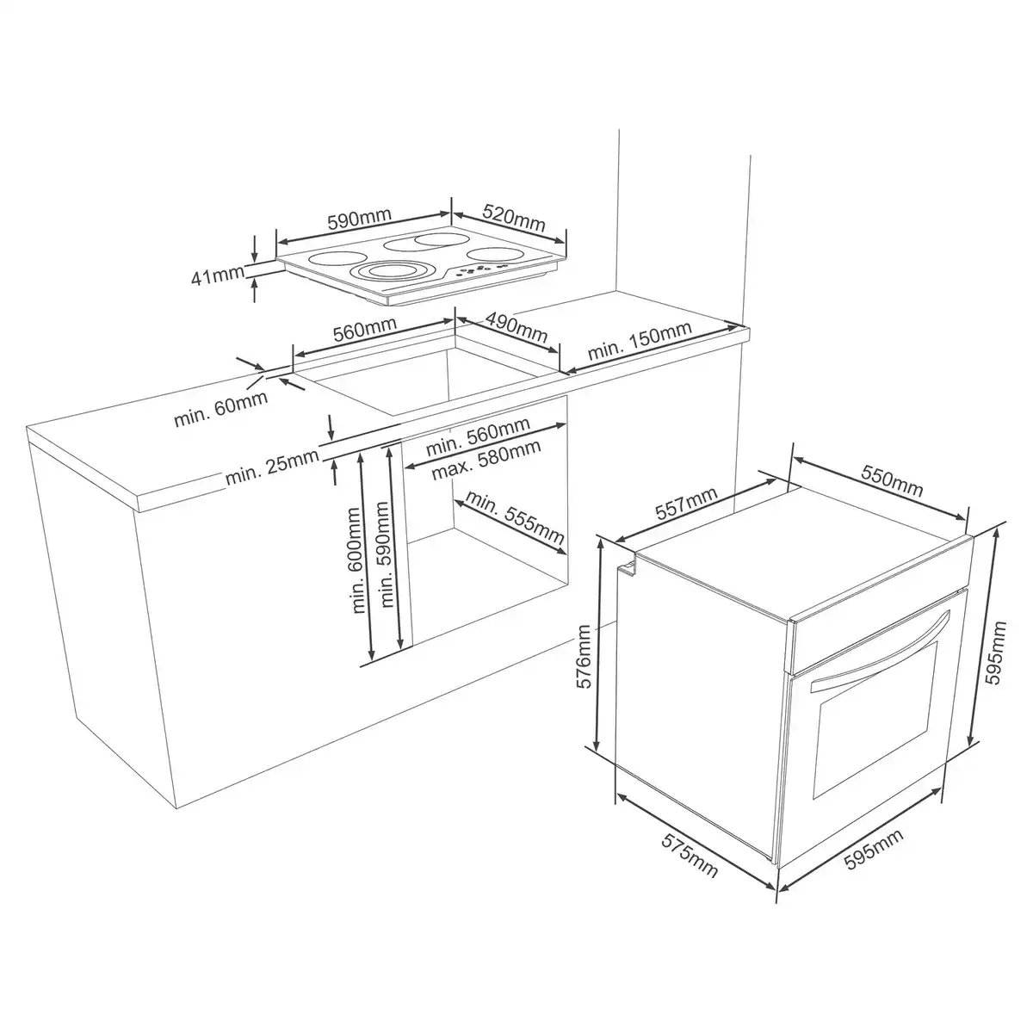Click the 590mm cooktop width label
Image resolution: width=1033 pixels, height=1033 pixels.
(x=359, y=220)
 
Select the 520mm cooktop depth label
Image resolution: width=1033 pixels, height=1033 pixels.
(x=514, y=217)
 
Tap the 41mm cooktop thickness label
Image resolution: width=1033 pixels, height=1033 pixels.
(x=218, y=278)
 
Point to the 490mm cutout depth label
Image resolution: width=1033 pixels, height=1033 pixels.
(x=516, y=326)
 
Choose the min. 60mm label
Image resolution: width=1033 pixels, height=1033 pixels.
(x=220, y=409)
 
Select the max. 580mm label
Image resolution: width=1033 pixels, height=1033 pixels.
(x=486, y=462)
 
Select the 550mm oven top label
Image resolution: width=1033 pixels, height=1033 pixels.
(x=890, y=485)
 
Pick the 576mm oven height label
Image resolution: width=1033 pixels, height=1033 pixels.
(x=585, y=657)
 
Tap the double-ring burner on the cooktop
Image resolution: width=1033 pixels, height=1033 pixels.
(x=384, y=274)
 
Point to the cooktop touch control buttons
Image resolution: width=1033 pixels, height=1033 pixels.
(x=479, y=272)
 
